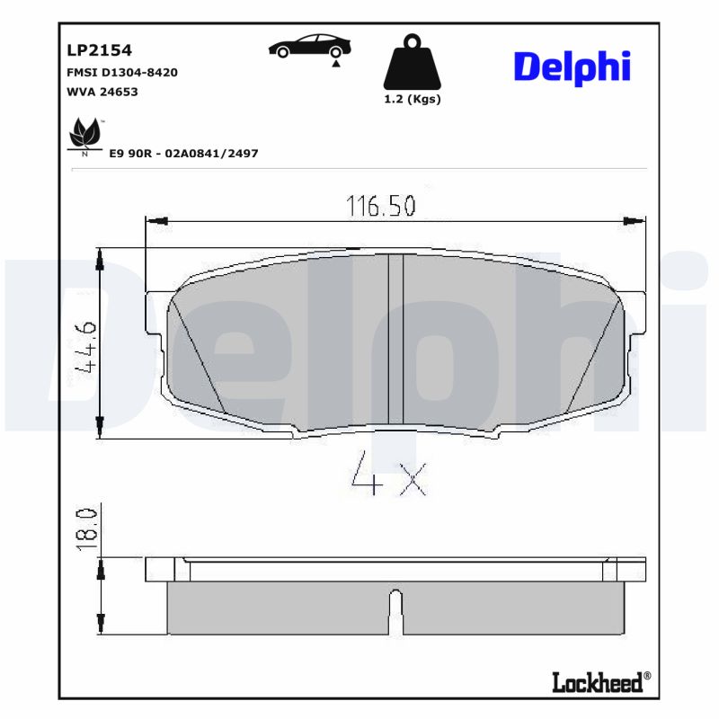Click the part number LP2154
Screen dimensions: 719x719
[x=93, y=52]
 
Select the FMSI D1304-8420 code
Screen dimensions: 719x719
[x=121, y=72]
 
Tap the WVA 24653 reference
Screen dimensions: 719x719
[x=102, y=91]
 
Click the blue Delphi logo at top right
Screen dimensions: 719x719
[x=571, y=67]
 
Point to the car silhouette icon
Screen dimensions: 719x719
[x=310, y=47]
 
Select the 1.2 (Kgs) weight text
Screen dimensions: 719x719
[x=412, y=100]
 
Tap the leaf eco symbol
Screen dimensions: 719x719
[x=85, y=136]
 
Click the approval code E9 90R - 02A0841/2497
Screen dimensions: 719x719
[x=183, y=154]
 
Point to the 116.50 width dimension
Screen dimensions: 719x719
[x=381, y=207]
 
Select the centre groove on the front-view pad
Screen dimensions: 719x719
[x=395, y=339]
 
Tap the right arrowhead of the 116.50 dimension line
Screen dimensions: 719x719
[x=635, y=220]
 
